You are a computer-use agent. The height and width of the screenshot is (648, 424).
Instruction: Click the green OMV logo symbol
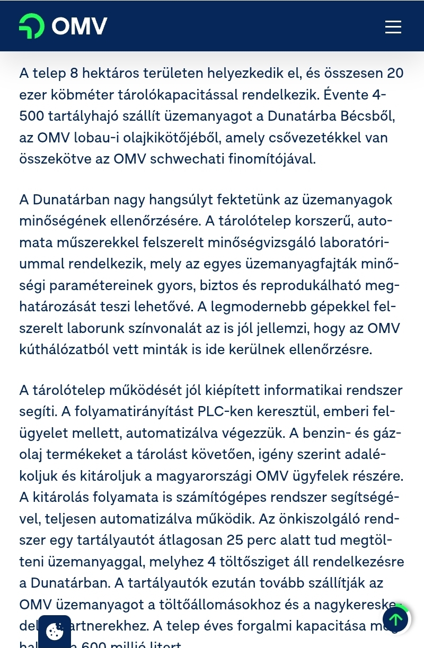pyautogui.click(x=32, y=26)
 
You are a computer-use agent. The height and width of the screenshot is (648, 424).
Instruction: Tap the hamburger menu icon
pyautogui.click(x=393, y=27)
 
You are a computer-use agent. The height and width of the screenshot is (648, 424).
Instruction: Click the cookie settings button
pyautogui.click(x=55, y=631)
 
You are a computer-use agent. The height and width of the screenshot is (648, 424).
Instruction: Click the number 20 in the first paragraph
pyautogui.click(x=395, y=73)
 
